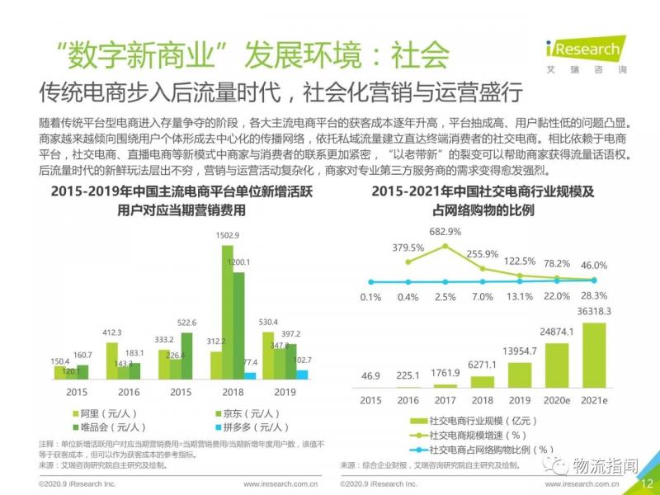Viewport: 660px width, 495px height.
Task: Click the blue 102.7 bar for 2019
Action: [x=301, y=375]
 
